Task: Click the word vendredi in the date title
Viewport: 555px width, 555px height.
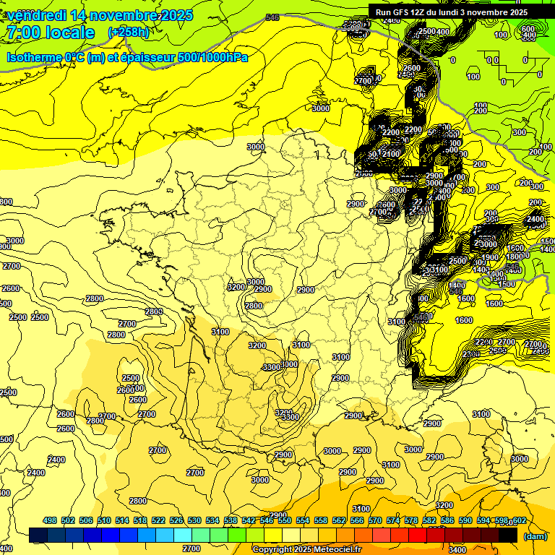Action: pos(37,15)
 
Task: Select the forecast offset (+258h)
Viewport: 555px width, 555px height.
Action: pos(128,33)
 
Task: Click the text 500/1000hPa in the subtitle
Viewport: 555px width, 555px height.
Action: pos(212,57)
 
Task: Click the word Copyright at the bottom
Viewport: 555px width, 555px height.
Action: pos(273,550)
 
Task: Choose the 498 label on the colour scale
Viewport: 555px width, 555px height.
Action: pos(50,521)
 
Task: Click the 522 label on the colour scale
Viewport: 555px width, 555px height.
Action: pos(159,521)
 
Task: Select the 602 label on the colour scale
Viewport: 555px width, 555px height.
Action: pos(519,521)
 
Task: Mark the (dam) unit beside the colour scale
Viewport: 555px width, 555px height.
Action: pos(535,536)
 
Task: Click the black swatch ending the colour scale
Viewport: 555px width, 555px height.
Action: pos(508,535)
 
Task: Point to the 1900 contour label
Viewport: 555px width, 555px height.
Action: pos(490,258)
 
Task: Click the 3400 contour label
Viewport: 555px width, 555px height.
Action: pos(457,550)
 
